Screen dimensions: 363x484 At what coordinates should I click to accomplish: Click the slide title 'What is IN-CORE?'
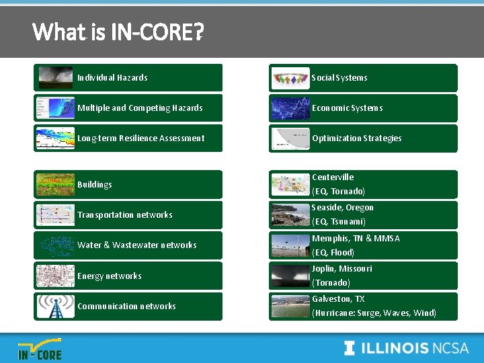[x=118, y=31]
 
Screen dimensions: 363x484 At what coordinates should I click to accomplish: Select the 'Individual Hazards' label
[x=112, y=78]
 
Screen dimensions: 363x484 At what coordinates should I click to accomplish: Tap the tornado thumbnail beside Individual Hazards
[x=56, y=78]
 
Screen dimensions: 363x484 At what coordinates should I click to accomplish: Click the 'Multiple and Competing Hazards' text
[x=140, y=108]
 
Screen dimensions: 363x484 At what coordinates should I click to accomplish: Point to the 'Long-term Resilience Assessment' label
[x=140, y=138]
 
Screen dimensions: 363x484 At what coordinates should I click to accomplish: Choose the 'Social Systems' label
[x=339, y=78]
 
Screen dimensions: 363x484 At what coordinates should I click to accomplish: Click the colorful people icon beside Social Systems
[x=290, y=78]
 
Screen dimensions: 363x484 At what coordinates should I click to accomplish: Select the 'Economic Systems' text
[x=347, y=108]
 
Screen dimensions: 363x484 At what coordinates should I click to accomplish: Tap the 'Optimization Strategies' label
[x=356, y=138]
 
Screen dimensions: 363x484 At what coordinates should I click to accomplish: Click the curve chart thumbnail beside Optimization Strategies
[x=290, y=138]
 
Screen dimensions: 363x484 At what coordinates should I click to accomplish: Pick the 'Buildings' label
[x=95, y=185]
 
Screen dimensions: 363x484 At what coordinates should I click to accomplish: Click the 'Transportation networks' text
[x=125, y=215]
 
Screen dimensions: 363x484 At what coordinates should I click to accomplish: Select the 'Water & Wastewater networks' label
[x=137, y=245]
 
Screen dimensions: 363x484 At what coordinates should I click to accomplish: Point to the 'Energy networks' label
[x=110, y=276]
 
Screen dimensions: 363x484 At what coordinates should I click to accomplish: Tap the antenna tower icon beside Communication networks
[x=56, y=307]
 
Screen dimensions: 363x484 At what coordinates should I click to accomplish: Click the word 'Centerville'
[x=333, y=177]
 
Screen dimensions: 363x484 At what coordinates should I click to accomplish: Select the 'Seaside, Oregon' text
[x=343, y=208]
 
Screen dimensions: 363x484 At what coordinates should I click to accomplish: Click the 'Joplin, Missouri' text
[x=342, y=269]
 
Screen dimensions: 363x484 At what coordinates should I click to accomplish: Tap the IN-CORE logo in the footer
[x=40, y=350]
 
